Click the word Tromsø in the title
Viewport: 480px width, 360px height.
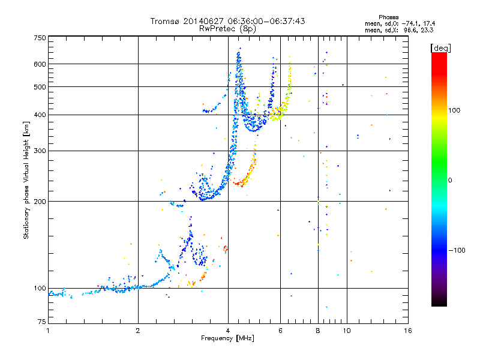pos(166,22)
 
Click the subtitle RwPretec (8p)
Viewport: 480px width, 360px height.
pos(227,29)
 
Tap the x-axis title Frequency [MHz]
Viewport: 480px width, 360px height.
pos(227,338)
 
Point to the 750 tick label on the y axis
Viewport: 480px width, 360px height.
pos(40,38)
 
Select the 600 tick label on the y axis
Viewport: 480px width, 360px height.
pos(40,64)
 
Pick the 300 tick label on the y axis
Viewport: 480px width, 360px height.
pos(40,151)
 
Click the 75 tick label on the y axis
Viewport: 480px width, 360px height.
pos(42,322)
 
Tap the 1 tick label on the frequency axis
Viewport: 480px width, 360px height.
pos(48,331)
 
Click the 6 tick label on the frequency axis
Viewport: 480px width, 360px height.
pos(280,331)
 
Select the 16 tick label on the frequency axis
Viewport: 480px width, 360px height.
pos(408,331)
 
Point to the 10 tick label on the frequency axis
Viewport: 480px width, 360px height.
pos(347,331)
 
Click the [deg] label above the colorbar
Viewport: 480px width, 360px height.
pos(440,49)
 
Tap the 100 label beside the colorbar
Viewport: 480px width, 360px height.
pos(454,110)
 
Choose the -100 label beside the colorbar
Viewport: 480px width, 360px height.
pos(457,250)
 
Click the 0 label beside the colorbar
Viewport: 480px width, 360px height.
pos(450,181)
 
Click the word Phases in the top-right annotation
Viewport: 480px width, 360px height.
pos(388,17)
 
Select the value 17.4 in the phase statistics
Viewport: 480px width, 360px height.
pos(429,23)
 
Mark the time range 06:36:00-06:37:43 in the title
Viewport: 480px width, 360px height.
pos(266,21)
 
